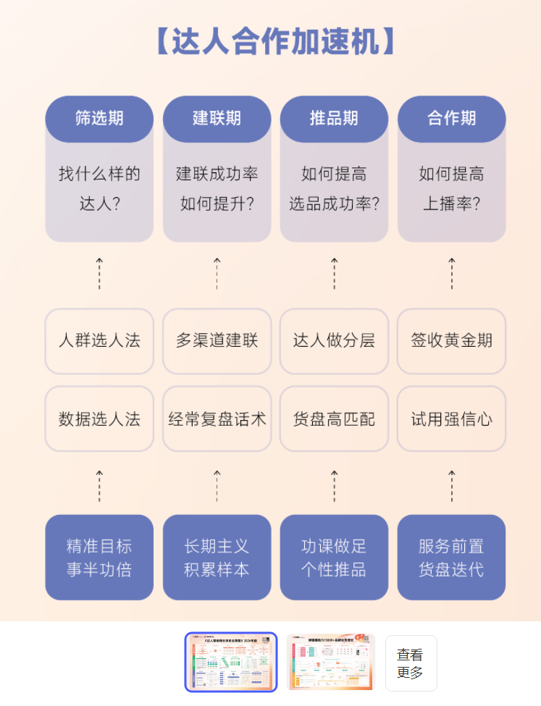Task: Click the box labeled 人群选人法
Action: point(99,341)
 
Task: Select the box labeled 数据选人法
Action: point(99,419)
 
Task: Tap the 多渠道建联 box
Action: point(217,341)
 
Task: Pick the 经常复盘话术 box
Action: point(217,419)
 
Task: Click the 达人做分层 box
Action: point(334,341)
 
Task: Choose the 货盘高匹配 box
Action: point(334,419)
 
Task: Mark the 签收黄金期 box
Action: point(451,341)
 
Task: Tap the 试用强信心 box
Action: point(451,419)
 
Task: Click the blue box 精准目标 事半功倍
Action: point(99,558)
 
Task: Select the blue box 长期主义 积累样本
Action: point(217,558)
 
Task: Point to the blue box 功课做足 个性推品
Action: point(334,558)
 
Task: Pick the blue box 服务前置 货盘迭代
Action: point(451,558)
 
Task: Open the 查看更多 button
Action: point(411,663)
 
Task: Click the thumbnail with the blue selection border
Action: point(231,663)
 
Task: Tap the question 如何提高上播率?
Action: point(451,189)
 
